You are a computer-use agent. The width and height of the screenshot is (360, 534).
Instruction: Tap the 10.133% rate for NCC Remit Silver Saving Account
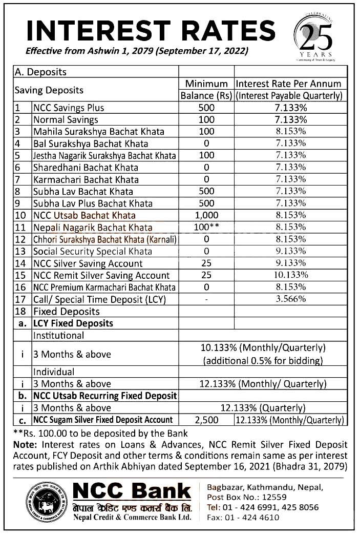point(290,275)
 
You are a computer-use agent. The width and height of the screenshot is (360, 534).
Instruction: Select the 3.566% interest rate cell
point(290,299)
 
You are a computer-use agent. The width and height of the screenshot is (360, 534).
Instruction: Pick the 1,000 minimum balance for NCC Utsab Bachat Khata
point(207,215)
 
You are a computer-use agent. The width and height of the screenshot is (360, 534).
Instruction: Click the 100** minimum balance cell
point(207,227)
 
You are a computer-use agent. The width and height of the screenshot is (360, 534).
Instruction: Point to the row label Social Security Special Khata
point(93,251)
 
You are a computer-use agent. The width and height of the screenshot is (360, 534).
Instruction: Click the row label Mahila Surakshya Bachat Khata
point(99,132)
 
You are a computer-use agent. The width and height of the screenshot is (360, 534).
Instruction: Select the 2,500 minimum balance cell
point(207,420)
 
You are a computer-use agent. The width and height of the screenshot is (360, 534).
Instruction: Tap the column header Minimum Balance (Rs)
point(207,90)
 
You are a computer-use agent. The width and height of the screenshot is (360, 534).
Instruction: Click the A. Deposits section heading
point(41,72)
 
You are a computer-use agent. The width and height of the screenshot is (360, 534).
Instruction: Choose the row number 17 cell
point(21,299)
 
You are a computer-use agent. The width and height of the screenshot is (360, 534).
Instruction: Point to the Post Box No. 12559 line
point(247,497)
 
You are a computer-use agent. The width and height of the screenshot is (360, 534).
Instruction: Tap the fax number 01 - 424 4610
point(243,518)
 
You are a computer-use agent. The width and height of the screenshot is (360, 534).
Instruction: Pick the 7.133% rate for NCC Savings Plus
point(290,108)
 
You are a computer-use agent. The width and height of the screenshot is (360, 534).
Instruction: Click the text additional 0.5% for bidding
point(263,360)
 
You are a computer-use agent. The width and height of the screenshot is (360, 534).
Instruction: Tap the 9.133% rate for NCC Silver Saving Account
point(290,263)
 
